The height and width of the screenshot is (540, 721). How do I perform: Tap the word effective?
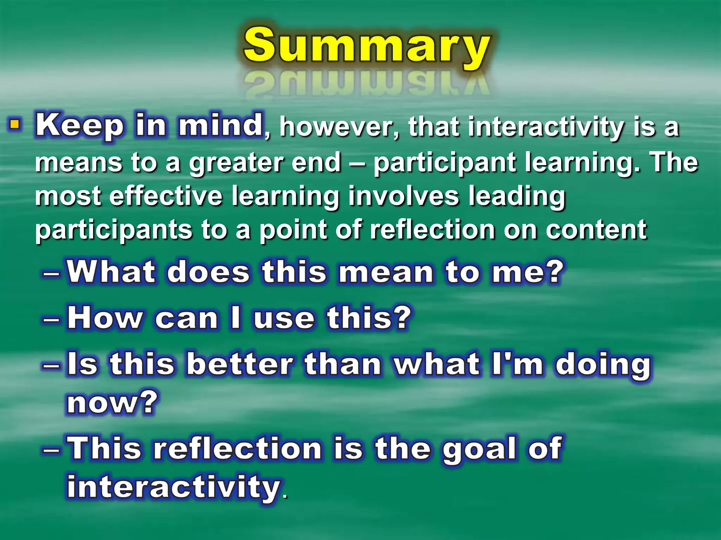166,196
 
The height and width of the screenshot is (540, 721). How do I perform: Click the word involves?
404,196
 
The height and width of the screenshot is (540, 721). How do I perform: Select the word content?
596,230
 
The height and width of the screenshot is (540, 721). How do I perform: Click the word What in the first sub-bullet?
111,272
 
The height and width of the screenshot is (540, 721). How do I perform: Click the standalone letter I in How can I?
236,318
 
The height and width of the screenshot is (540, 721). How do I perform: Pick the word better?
240,364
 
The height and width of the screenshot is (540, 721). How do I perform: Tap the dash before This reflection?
52,450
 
